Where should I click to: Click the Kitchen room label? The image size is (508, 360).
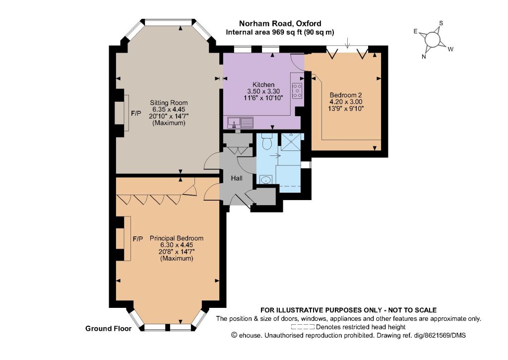[263, 84]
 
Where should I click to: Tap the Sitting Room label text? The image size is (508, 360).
[169, 103]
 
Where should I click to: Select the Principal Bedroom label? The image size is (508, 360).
[177, 238]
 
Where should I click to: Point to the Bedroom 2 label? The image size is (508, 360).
[346, 95]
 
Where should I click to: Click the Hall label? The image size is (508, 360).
[237, 178]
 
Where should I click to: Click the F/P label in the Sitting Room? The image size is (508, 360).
[136, 113]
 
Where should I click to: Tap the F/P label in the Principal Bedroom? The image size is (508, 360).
[138, 239]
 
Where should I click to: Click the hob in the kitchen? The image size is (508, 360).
[297, 91]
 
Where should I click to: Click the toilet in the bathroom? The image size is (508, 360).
[266, 142]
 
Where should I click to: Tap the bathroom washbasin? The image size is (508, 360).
[266, 179]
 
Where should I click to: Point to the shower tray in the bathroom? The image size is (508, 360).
[291, 142]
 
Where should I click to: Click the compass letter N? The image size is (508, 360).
[424, 57]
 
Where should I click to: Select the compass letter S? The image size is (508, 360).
[441, 23]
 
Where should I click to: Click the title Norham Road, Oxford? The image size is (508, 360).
[280, 23]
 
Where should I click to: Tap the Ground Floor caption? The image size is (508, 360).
[109, 329]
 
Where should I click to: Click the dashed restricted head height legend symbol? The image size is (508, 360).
[303, 327]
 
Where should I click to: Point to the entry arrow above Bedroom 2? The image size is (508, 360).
[347, 43]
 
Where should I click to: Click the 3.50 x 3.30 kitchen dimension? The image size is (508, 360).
[263, 91]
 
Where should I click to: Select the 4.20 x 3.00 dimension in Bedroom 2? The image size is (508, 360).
[346, 102]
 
